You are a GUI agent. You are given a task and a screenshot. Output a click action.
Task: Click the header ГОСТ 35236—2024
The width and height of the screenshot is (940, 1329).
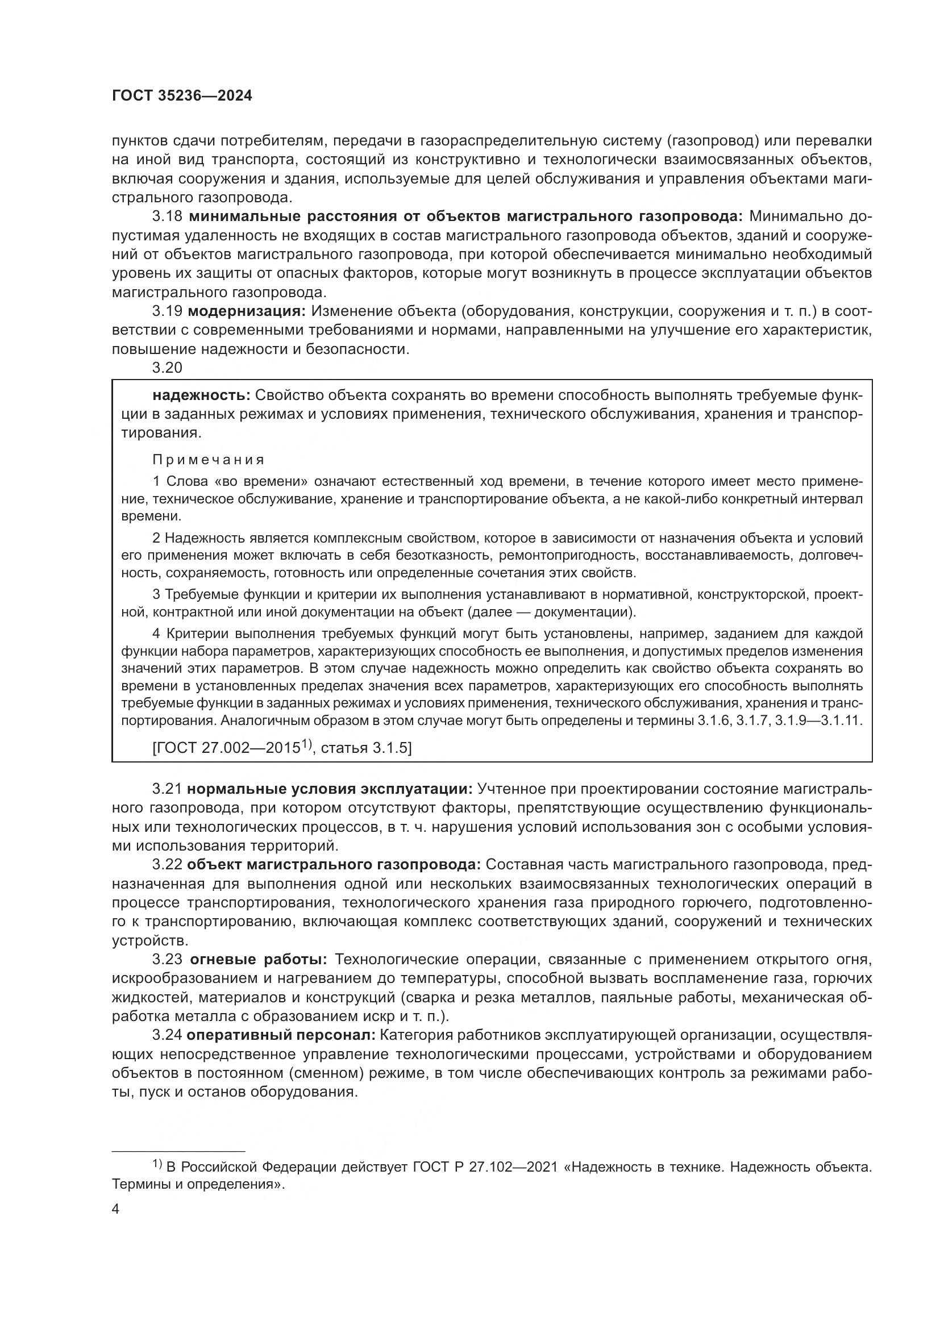click(182, 96)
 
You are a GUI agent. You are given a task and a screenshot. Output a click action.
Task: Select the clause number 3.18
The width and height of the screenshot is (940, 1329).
click(167, 216)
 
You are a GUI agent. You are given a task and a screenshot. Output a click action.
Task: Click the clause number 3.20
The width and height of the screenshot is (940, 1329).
click(167, 368)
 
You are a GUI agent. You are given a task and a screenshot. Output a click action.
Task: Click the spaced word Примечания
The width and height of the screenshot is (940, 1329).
click(209, 460)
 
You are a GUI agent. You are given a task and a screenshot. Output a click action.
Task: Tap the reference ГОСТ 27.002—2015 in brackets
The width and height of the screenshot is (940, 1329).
click(227, 748)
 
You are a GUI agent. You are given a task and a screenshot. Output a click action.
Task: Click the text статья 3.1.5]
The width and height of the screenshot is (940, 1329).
click(366, 748)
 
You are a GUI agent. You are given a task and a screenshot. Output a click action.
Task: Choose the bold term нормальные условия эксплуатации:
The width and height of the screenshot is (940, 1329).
click(331, 789)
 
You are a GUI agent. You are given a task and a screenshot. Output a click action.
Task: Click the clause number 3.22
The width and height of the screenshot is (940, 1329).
click(167, 865)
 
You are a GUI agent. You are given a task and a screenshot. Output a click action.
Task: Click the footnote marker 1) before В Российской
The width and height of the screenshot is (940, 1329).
click(157, 1165)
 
